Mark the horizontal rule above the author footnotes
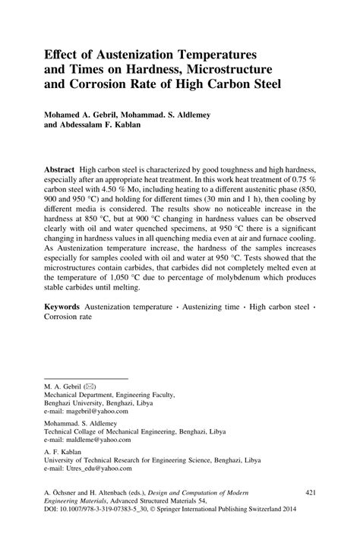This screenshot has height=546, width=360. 86,376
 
